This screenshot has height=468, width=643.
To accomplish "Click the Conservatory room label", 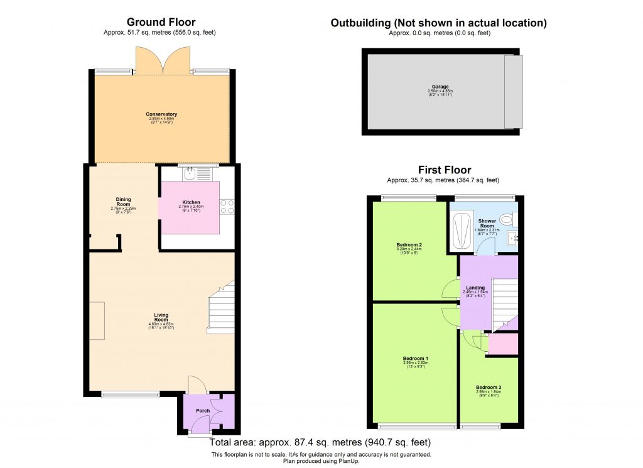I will tap(161, 114).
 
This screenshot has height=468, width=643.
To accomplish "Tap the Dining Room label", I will tap(123, 202).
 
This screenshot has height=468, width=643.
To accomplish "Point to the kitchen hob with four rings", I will tap(227, 206).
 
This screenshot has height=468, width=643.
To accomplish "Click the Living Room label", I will tap(161, 318).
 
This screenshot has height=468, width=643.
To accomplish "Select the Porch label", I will tap(203, 411).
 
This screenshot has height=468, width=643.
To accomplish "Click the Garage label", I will tap(440, 87).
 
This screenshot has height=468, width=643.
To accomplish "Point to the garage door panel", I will tap(513, 90).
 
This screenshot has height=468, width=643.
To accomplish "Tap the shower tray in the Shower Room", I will tap(462, 231).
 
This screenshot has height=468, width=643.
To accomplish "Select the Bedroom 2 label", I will tap(409, 245).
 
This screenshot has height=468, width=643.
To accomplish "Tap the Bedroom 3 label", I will tap(489, 387).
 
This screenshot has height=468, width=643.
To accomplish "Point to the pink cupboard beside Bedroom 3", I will tap(504, 344).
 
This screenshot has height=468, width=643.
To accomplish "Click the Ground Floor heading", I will tap(161, 23).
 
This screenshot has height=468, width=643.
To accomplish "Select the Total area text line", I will tap(321, 442).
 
